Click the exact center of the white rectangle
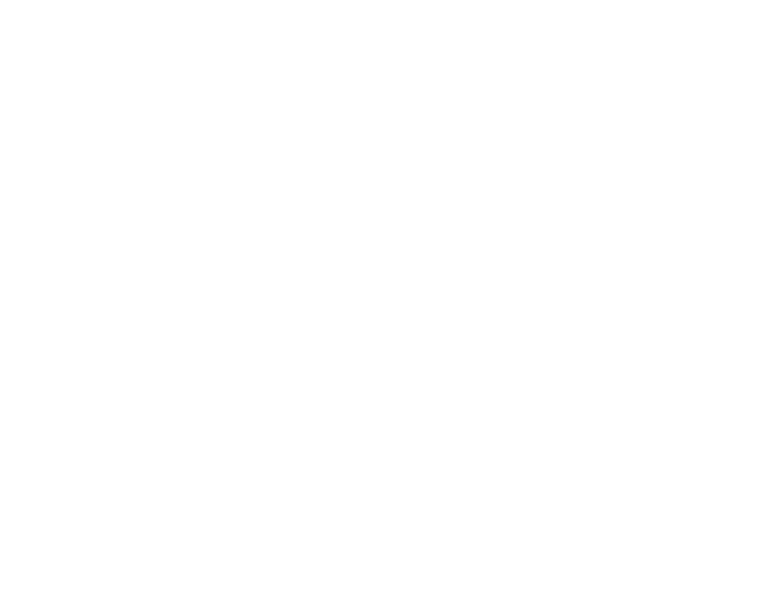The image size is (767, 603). [x=311, y=312]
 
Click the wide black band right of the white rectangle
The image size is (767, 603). [x=681, y=312]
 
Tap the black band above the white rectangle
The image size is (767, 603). [x=311, y=40]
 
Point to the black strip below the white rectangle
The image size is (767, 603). [x=311, y=574]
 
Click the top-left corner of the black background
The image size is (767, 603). [x=1, y=1]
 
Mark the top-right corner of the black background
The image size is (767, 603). [x=766, y=1]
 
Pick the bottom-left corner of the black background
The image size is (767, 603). [x=1, y=602]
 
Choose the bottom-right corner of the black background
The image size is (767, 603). [x=766, y=602]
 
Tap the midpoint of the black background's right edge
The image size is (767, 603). [x=766, y=301]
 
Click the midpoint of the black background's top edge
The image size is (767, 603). [x=383, y=1]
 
